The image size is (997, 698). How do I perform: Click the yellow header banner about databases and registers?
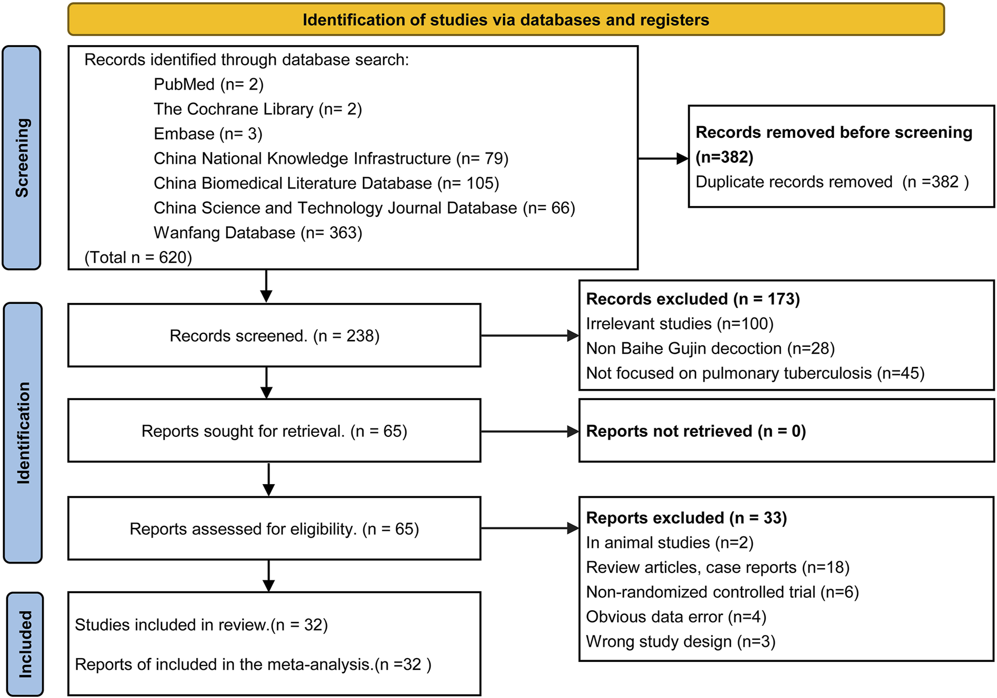click(505, 20)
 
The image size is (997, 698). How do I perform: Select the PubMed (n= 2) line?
click(208, 84)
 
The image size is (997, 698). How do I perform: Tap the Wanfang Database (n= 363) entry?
click(258, 232)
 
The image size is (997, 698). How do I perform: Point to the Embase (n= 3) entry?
click(208, 134)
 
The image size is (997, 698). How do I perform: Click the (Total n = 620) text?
click(138, 257)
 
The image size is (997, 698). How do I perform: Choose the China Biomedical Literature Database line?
click(326, 184)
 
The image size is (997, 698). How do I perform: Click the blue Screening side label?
click(22, 158)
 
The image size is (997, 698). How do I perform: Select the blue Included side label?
click(25, 644)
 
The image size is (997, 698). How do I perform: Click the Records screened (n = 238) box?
click(274, 335)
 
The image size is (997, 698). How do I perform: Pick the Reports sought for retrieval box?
click(274, 431)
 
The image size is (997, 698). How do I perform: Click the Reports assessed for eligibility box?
click(274, 529)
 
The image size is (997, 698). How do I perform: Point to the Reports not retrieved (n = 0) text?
click(695, 431)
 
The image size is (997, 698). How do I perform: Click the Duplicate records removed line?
click(832, 182)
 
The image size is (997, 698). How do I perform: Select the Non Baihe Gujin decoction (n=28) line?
click(710, 348)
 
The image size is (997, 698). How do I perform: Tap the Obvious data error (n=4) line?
click(676, 617)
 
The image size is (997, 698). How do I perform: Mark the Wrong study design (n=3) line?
click(680, 642)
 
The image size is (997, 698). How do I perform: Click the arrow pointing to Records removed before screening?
click(663, 159)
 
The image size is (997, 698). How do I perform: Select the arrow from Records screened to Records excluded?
click(529, 335)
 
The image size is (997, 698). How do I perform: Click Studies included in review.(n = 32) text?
click(201, 625)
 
